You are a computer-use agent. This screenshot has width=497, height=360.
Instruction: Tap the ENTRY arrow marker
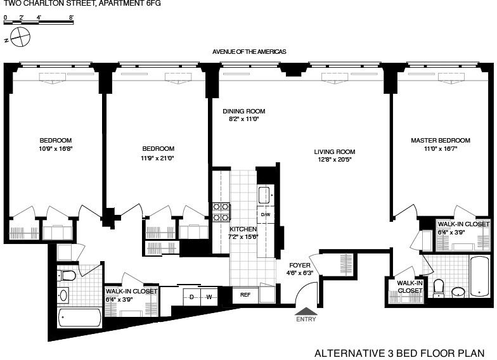[306, 312]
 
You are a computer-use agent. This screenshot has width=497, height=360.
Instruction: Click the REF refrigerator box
[245, 295]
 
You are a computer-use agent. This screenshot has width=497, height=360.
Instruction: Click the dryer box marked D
[191, 296]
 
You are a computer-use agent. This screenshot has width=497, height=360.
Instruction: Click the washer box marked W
[209, 296]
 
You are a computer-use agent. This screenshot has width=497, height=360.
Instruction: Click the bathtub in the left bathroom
[79, 318]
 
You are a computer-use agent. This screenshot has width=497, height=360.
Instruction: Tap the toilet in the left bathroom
[67, 275]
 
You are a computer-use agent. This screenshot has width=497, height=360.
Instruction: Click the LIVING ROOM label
[334, 151]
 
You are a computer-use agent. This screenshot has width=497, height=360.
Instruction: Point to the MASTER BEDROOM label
[440, 140]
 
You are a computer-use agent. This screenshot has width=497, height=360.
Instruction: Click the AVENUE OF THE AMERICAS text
[250, 51]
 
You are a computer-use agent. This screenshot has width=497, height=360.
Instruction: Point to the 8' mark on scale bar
[71, 18]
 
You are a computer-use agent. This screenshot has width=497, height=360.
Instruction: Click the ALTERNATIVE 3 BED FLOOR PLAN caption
[399, 352]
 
